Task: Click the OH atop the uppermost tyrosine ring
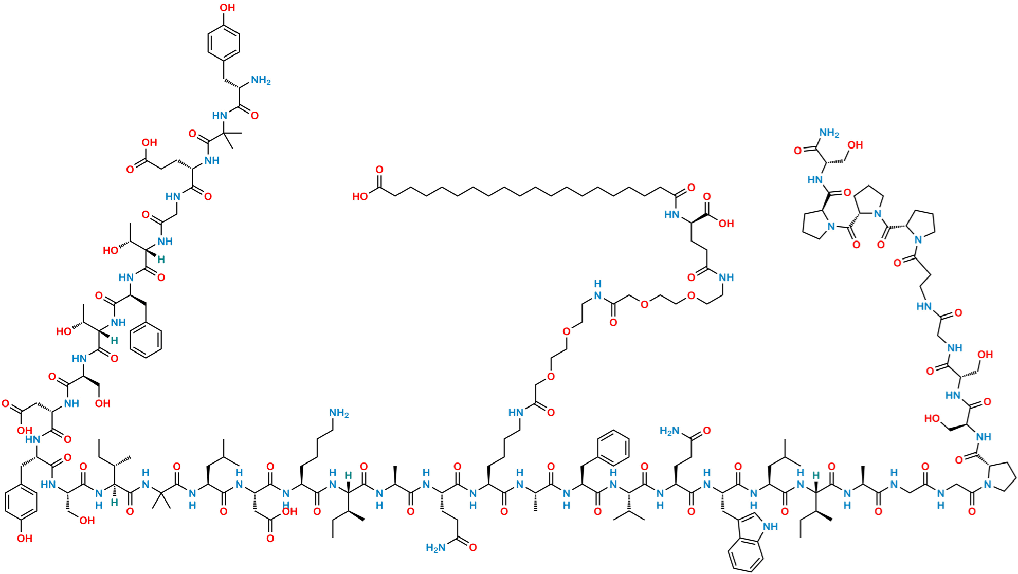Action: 229,8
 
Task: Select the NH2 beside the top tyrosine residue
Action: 261,81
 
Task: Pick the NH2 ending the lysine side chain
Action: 339,413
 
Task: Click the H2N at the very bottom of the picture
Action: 435,548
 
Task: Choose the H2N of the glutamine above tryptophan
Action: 670,431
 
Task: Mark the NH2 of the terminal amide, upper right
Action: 829,134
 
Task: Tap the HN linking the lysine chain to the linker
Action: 516,412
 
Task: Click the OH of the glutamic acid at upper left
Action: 150,142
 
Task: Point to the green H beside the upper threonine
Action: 161,260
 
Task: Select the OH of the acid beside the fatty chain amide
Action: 726,224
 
